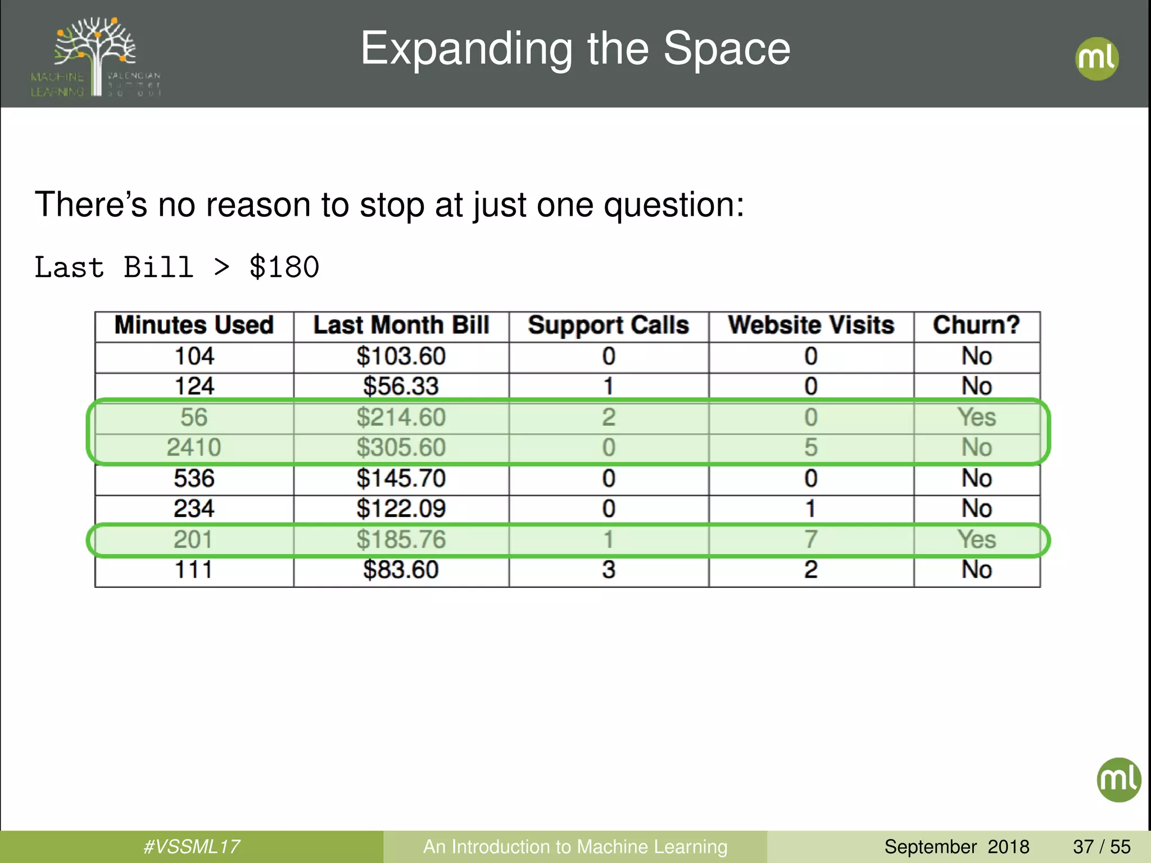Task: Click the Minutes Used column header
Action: click(x=194, y=326)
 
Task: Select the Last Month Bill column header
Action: click(x=401, y=326)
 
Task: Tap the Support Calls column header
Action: click(x=609, y=326)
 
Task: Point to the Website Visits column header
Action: click(x=811, y=326)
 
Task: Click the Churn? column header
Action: click(x=976, y=326)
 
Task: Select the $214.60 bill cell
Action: click(x=401, y=417)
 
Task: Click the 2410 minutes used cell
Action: click(x=194, y=448)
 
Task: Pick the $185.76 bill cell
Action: click(x=401, y=539)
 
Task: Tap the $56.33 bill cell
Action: click(x=401, y=387)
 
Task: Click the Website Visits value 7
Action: click(x=810, y=539)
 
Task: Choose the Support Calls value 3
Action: click(x=609, y=570)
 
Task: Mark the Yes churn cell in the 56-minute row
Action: click(x=977, y=417)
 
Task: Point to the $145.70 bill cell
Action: click(x=401, y=479)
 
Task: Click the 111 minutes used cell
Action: click(x=194, y=570)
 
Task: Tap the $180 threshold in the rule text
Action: click(x=284, y=267)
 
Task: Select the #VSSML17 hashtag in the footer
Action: click(x=192, y=847)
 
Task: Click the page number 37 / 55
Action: click(x=1102, y=847)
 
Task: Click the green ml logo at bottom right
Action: click(x=1118, y=780)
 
